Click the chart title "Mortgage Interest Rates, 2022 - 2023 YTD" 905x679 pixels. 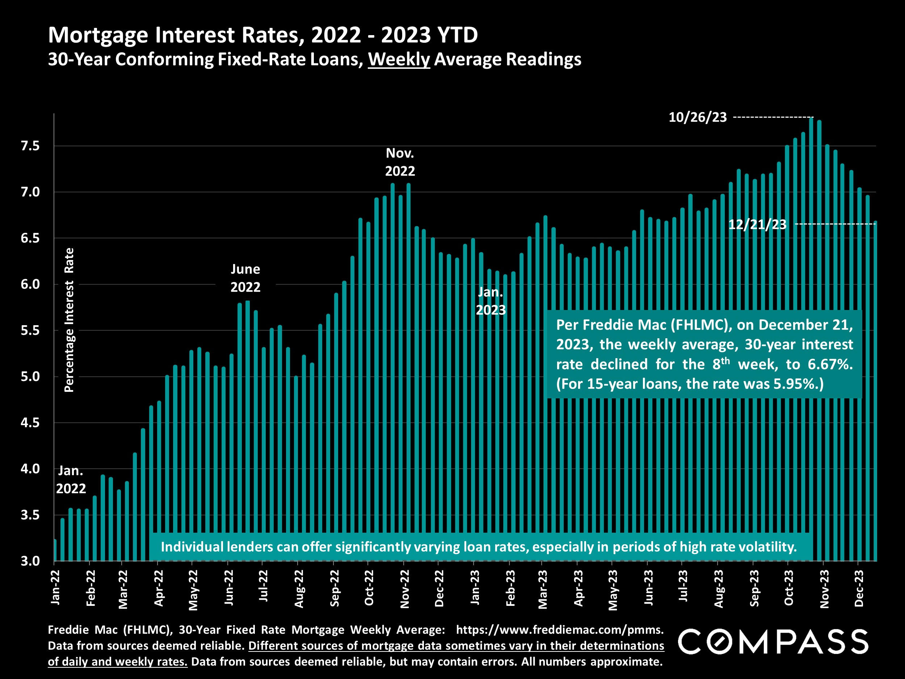coord(263,35)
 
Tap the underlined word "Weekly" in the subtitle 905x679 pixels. coord(399,59)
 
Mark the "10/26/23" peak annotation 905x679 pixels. coord(698,118)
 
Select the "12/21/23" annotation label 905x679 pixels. coord(757,225)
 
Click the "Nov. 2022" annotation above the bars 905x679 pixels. coord(400,162)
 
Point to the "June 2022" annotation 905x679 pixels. coord(245,278)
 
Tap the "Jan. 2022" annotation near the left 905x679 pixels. coord(71,480)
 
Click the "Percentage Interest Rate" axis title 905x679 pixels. coord(70,320)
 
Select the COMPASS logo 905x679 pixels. coord(773,642)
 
